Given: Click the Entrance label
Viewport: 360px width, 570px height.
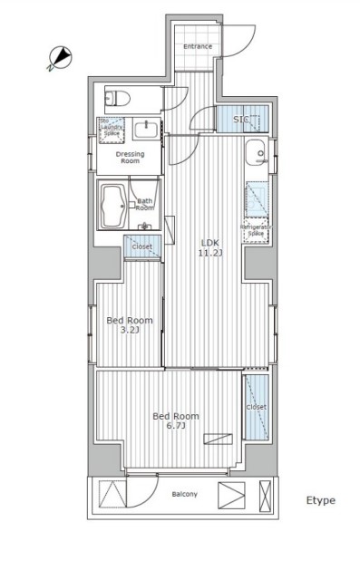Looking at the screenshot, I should click(x=198, y=46).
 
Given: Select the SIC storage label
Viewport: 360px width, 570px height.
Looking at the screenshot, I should click(x=241, y=120).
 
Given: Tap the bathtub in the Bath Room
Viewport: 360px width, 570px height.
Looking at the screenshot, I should click(x=113, y=208).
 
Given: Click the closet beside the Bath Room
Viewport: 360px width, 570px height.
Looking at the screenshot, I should click(x=141, y=245).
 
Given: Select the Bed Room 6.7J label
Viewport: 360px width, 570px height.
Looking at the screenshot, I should click(x=175, y=420).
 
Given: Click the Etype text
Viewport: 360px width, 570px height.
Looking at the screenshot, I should click(x=320, y=500).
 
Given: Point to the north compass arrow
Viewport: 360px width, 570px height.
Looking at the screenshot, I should click(x=60, y=58).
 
